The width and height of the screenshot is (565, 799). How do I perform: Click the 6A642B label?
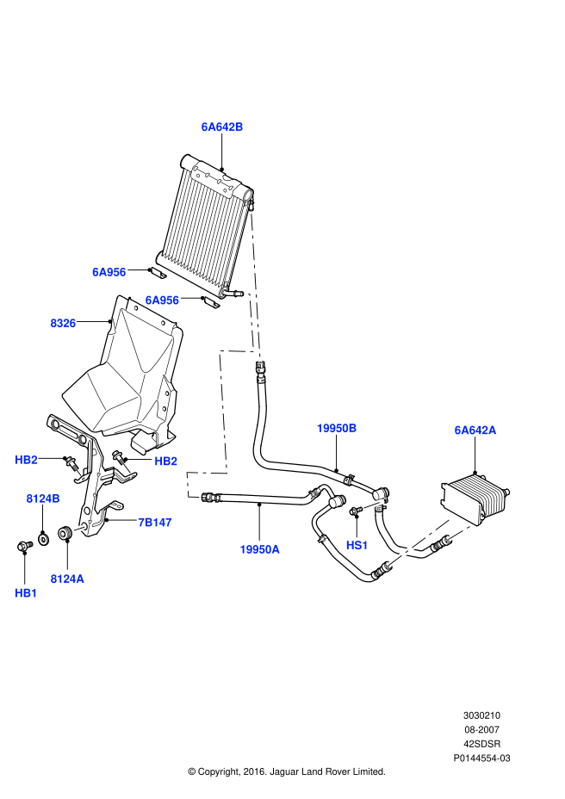coord(222,127)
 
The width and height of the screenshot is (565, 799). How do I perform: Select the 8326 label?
coord(63,324)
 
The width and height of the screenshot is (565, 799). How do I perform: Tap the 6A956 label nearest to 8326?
coord(109,272)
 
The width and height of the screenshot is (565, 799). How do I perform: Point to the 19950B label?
coord(337,428)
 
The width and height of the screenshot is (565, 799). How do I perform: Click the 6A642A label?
coord(475,430)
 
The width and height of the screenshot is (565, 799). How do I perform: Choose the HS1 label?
coord(357,545)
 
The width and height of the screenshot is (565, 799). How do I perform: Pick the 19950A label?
coord(259,549)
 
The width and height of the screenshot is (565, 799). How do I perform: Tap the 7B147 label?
coord(155,523)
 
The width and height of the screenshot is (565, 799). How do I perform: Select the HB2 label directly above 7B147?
coord(166,461)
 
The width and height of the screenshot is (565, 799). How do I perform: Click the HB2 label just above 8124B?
coord(27,460)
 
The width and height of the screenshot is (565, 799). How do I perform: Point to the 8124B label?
coord(43,499)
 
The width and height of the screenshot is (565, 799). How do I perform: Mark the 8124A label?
coord(67,579)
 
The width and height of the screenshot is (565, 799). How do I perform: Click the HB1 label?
coord(27,593)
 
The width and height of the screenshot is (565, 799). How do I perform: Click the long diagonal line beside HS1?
coord(421,541)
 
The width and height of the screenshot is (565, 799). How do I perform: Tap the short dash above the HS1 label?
coord(374,505)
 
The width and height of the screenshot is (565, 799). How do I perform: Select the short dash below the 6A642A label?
coord(459,533)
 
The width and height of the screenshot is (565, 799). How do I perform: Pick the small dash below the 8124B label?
coord(79,529)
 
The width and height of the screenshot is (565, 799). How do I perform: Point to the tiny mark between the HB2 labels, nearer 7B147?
coord(127,468)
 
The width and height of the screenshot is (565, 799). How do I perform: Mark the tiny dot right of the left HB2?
coord(78,473)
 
